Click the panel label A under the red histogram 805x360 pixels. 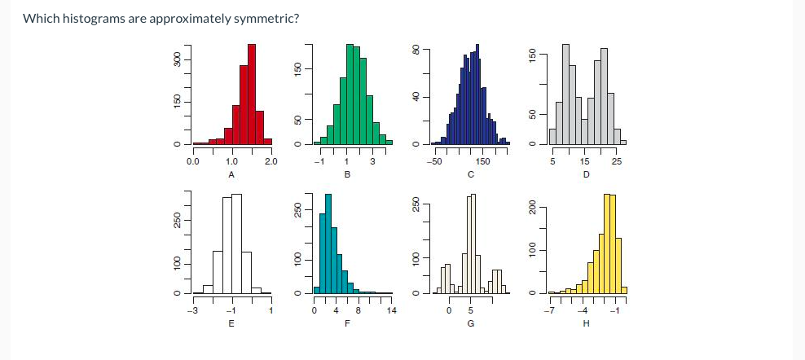point(231,175)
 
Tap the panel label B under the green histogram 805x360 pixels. point(348,175)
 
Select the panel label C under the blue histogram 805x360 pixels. point(470,175)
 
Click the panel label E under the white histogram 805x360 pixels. point(231,324)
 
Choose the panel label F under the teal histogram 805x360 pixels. point(348,324)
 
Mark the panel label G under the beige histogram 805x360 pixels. point(470,324)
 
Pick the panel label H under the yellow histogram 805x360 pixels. point(585,324)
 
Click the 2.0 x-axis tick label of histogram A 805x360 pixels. point(271,161)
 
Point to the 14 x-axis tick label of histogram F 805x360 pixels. point(391,310)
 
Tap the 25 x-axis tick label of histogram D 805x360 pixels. point(617,161)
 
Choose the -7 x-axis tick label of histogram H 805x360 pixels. point(550,310)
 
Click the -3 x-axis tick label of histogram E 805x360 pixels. point(192,310)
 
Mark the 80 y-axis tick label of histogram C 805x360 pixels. point(416,50)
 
